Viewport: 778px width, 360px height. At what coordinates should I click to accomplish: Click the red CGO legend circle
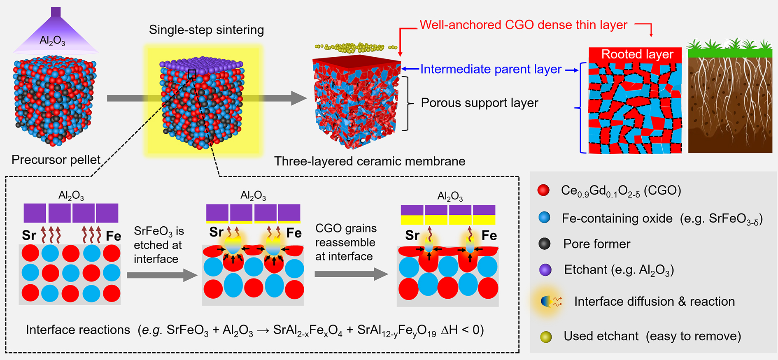tap(543, 190)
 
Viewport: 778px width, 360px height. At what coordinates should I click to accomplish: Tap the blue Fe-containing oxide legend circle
tap(544, 218)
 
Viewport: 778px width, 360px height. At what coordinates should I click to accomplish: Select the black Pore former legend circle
tap(544, 244)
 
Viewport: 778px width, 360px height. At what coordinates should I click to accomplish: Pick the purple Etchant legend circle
tap(545, 270)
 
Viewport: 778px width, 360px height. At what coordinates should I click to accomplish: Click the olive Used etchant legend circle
tap(546, 337)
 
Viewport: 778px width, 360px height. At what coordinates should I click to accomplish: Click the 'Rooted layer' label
tap(637, 54)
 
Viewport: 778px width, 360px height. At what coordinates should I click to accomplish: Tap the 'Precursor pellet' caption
tap(56, 160)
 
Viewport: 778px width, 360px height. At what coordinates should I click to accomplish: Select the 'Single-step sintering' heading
tap(206, 30)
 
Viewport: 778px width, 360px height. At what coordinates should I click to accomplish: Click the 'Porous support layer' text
tap(479, 103)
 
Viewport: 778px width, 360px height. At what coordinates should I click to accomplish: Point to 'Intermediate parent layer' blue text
tap(491, 69)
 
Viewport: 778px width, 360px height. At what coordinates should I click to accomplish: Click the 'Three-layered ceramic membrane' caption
tap(369, 161)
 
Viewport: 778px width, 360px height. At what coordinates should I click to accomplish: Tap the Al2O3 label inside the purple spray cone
tap(52, 41)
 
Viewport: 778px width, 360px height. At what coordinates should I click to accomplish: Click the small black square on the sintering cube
tap(192, 74)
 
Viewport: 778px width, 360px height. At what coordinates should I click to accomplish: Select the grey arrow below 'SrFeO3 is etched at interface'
tap(162, 275)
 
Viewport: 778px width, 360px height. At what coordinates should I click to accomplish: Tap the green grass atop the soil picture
tap(730, 51)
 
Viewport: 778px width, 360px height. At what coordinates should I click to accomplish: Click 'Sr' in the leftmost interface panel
tap(29, 235)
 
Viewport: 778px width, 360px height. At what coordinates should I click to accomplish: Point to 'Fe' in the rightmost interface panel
tap(489, 235)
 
